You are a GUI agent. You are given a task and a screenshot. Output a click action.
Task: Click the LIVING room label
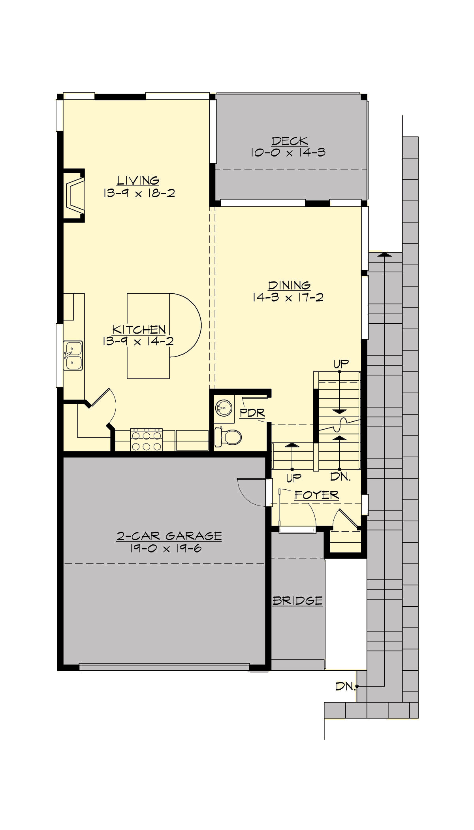[138, 181]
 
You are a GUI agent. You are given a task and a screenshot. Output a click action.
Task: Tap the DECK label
[290, 141]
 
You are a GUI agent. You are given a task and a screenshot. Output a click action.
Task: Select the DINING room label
[289, 285]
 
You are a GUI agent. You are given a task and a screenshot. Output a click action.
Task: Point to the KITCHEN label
[139, 329]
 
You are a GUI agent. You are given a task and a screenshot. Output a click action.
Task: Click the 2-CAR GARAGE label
[169, 536]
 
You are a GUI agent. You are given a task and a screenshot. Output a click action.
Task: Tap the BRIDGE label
[297, 601]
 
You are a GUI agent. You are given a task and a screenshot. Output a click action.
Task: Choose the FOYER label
[317, 495]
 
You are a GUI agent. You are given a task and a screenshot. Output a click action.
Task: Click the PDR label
[252, 413]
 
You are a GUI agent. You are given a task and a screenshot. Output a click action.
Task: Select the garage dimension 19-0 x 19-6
[166, 548]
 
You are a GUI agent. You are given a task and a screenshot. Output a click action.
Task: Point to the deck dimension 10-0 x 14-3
[288, 153]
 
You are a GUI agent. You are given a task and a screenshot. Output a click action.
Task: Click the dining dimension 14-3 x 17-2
[288, 297]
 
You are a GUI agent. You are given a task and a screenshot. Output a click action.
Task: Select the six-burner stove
[147, 440]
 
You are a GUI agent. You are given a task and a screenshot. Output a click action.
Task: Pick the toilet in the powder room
[228, 437]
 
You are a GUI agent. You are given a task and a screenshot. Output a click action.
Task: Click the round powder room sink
[224, 407]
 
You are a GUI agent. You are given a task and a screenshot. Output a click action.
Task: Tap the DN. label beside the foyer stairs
[340, 477]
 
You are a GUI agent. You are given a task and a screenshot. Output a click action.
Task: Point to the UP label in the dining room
[341, 364]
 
